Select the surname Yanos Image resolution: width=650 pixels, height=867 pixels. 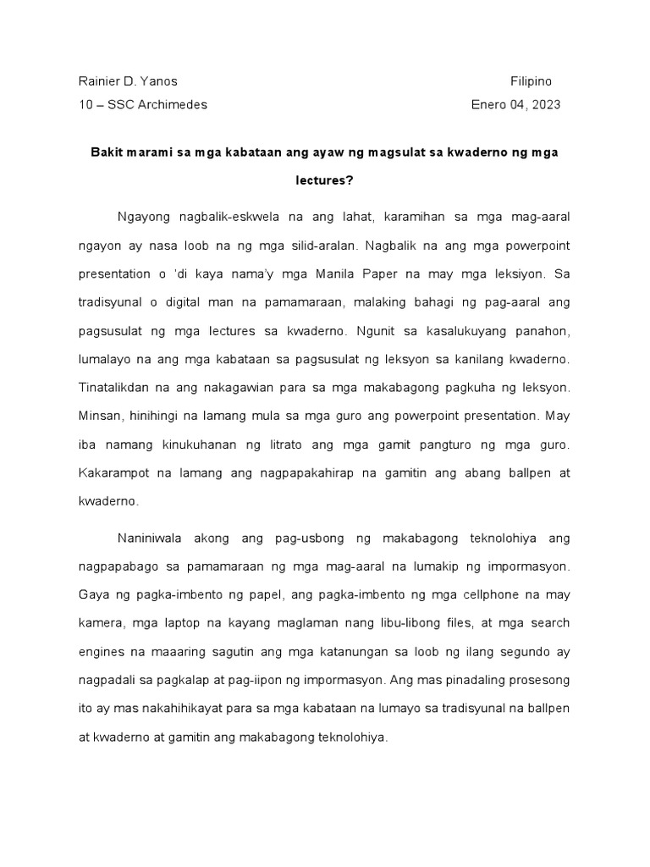tap(159, 82)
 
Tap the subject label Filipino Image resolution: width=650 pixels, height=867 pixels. tap(531, 82)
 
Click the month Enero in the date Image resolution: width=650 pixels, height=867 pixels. tap(488, 105)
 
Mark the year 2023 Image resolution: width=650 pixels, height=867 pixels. tap(543, 105)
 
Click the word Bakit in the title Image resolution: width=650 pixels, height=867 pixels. tap(106, 153)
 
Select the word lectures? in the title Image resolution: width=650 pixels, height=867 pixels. tap(324, 180)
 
